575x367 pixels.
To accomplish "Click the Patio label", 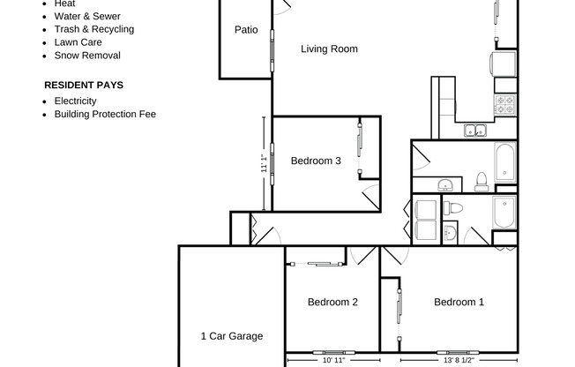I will click(x=246, y=30).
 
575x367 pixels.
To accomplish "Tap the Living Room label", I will click(x=329, y=49).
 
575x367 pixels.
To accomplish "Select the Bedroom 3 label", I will click(x=316, y=161).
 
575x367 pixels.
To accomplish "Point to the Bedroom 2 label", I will click(x=332, y=303).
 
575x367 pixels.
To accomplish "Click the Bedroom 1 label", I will click(x=459, y=303).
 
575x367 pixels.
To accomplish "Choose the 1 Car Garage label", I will click(x=232, y=336).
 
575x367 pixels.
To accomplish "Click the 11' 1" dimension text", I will click(x=263, y=163).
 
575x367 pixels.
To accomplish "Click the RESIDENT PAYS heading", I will click(x=84, y=86).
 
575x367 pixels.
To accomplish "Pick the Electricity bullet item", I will click(x=75, y=101).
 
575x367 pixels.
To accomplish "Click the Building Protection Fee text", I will click(x=105, y=114).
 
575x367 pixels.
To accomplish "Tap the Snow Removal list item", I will click(x=87, y=56).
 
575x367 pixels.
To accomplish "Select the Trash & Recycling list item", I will click(x=93, y=29).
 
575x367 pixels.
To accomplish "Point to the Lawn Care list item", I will click(x=78, y=42).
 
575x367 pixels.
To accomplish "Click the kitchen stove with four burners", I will click(x=504, y=105).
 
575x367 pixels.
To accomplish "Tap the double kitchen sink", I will click(x=476, y=131).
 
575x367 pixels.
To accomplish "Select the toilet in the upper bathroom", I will click(x=482, y=182).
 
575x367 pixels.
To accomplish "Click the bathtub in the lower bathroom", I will click(x=504, y=213).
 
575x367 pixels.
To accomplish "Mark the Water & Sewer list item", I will click(x=87, y=16).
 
